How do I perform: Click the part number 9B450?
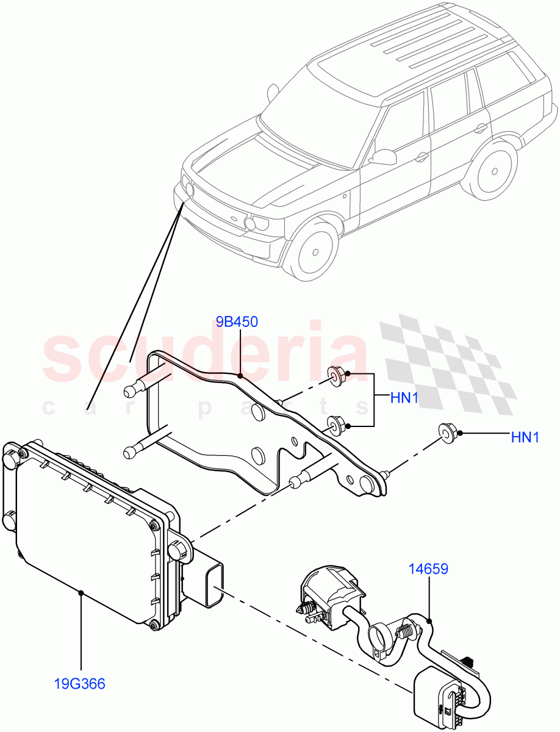pyautogui.click(x=237, y=321)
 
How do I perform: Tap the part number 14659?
pyautogui.click(x=428, y=569)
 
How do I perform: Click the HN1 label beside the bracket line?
pyautogui.click(x=404, y=398)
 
